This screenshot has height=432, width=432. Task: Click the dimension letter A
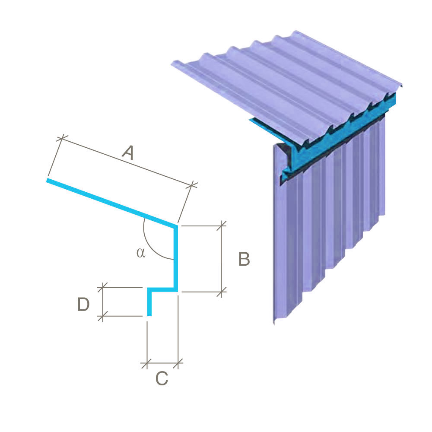(128, 152)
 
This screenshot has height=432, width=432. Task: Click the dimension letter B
(244, 259)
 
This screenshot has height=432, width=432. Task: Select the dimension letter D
(83, 304)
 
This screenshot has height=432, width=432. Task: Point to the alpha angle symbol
(141, 253)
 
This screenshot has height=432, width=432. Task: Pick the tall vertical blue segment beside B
(175, 258)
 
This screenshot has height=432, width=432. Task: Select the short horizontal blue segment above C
(162, 289)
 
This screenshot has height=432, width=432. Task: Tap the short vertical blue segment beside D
(149, 302)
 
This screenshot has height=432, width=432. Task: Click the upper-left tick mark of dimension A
(62, 138)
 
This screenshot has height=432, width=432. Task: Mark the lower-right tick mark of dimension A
(191, 185)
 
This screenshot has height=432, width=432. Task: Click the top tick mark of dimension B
(222, 226)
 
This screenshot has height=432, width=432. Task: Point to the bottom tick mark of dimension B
(222, 292)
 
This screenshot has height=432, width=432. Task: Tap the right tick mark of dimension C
(178, 364)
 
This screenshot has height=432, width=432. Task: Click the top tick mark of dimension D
(102, 287)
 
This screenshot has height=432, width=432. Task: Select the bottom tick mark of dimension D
(102, 316)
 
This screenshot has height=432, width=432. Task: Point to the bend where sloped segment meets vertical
(175, 227)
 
